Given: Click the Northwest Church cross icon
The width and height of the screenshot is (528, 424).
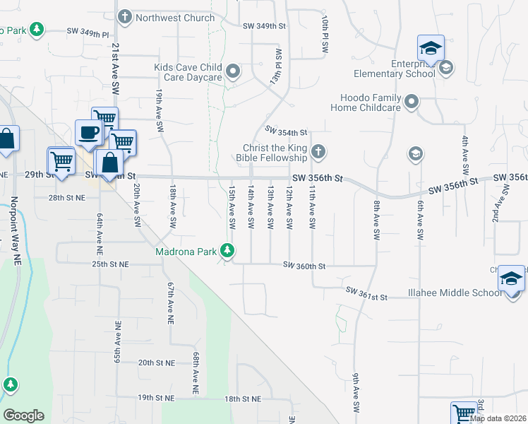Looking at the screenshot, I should pos(125,17).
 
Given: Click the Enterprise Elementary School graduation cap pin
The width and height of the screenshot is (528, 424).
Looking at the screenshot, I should pos(431,49).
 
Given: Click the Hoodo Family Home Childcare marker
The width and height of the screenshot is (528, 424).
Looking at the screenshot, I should pos(412,102).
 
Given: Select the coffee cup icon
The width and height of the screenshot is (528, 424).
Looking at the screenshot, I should pos(89,133).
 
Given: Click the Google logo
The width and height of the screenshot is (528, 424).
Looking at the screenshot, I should pos(23,416).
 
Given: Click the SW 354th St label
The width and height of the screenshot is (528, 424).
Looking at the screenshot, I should pos(287,130).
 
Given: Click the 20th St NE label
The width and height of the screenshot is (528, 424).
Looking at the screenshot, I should pos(155,362).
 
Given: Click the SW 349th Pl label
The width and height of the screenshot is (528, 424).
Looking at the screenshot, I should pos(88,32).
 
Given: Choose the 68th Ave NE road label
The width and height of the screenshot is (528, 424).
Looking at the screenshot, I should pos(195,373).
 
